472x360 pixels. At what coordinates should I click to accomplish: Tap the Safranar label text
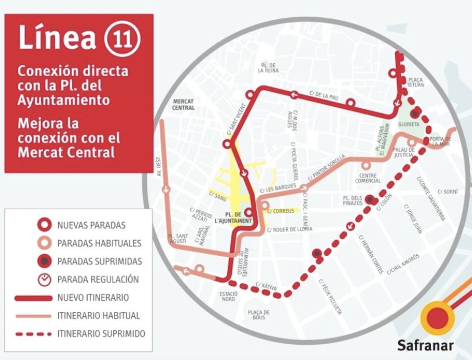click(x=425, y=345)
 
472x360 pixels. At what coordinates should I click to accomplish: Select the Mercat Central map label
click(x=183, y=105)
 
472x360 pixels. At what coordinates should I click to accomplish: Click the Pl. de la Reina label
click(x=268, y=68)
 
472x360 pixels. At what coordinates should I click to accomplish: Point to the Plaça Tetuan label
click(x=415, y=82)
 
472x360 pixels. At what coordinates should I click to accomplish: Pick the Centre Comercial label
click(x=368, y=178)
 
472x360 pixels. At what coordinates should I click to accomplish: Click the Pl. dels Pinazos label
click(x=352, y=200)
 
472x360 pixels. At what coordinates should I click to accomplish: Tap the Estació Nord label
click(x=228, y=296)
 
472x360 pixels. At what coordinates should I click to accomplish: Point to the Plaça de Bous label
click(x=258, y=315)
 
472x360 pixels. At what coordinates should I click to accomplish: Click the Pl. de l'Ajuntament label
click(x=238, y=218)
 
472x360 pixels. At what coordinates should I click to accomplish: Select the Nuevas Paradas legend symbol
click(x=45, y=225)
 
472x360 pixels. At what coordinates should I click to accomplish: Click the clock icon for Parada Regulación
click(x=45, y=279)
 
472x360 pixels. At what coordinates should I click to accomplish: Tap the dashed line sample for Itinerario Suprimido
click(x=33, y=334)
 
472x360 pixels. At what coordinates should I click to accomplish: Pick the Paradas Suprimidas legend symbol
click(x=45, y=261)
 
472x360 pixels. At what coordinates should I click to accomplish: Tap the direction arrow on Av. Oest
click(x=166, y=189)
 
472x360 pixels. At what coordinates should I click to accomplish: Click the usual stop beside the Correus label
click(x=265, y=205)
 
